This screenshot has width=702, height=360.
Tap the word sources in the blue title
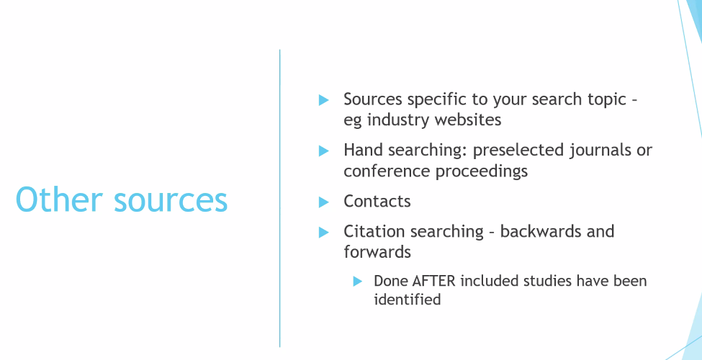171,202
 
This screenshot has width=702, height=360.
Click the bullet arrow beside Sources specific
324,100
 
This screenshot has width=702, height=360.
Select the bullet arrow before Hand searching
324,151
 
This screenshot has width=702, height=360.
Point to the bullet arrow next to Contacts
324,202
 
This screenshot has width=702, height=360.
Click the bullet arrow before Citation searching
324,233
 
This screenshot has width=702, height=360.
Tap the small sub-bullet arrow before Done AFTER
357,282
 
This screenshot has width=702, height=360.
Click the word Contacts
377,202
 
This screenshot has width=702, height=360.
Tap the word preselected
518,150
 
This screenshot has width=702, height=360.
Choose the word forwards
377,252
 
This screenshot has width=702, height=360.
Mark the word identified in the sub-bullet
407,299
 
